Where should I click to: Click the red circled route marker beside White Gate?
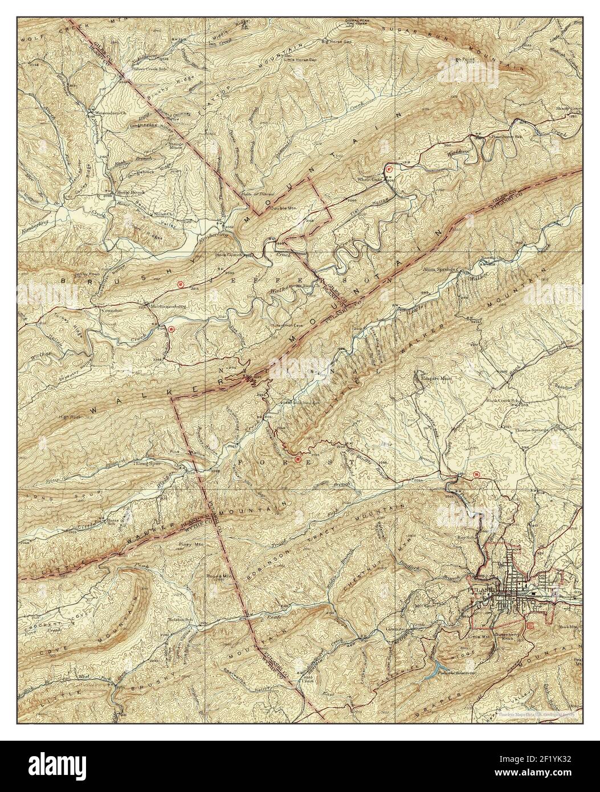(389, 169)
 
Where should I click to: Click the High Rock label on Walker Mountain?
(70, 418)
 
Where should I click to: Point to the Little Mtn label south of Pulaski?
(479, 636)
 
